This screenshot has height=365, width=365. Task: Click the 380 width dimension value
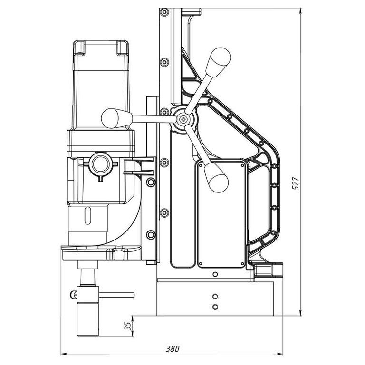[x=173, y=348]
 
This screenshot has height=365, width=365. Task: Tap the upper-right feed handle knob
[x=221, y=58]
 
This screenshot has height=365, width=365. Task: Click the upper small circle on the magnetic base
[x=215, y=295]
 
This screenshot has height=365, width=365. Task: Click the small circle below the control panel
[x=215, y=274]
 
